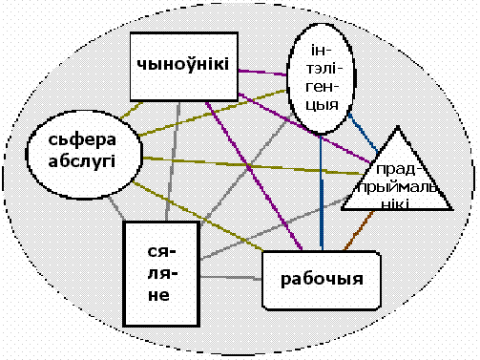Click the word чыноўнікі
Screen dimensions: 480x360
coord(183,64)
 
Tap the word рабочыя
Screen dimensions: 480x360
coord(322,279)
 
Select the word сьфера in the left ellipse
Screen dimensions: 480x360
coord(82,140)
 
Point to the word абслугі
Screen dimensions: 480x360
coord(81,161)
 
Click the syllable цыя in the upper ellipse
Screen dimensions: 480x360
coord(322,105)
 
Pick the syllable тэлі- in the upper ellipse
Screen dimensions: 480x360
coord(323,69)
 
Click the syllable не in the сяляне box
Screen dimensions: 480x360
coord(158,295)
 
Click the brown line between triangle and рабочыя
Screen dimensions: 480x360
coord(359,230)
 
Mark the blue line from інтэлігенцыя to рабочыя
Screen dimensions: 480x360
coord(322,192)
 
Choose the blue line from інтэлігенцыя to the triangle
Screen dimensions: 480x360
coord(363,133)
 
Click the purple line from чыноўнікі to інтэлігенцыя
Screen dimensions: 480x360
coord(262,73)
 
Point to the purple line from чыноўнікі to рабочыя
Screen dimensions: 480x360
coord(254,176)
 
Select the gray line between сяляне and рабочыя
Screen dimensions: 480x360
coord(231,278)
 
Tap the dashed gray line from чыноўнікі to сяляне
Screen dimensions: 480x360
coord(173,161)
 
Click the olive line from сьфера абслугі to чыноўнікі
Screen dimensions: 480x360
coord(132,111)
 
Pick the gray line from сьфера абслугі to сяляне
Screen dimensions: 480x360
coord(116,208)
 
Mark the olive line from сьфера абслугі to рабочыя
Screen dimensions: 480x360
coord(198,216)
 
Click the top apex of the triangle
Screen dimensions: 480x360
coord(398,127)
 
